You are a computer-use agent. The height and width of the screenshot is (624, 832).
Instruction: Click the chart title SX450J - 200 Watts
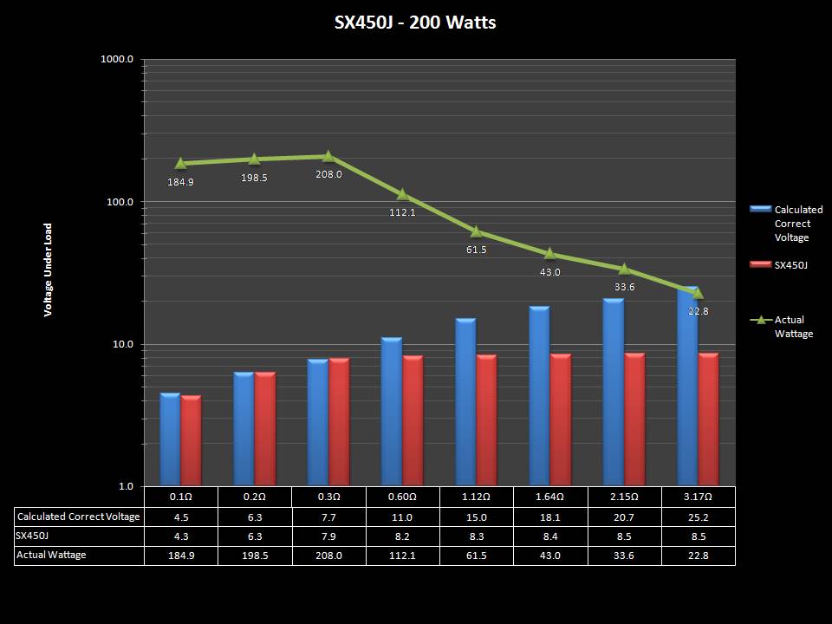click(x=415, y=23)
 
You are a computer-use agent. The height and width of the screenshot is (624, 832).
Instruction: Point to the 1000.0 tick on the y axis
click(x=117, y=60)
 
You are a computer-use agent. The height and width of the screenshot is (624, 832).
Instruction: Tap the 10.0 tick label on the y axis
click(x=120, y=345)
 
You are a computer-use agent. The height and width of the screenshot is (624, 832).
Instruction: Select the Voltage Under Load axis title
click(x=49, y=269)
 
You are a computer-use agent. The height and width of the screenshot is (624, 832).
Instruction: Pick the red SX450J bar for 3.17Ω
click(x=708, y=419)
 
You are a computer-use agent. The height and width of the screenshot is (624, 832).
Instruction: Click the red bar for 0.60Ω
click(x=413, y=420)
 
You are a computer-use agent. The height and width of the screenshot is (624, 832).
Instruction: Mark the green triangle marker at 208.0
click(x=328, y=156)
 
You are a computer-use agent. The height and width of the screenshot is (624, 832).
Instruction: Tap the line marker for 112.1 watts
click(x=402, y=194)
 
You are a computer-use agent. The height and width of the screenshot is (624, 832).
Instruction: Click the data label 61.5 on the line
click(x=477, y=250)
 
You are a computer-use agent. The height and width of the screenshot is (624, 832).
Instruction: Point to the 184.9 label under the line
click(x=180, y=182)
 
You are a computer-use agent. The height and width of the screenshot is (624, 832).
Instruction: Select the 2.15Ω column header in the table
click(x=624, y=497)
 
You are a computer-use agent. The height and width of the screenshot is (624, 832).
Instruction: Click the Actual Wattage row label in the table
click(x=52, y=555)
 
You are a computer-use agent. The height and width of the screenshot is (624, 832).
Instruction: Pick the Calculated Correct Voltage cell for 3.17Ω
click(x=698, y=517)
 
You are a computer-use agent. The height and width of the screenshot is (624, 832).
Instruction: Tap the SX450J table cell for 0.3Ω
click(x=328, y=536)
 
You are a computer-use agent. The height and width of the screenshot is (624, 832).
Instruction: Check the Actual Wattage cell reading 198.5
click(x=255, y=556)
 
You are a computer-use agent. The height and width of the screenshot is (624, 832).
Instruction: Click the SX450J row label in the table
click(x=34, y=536)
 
